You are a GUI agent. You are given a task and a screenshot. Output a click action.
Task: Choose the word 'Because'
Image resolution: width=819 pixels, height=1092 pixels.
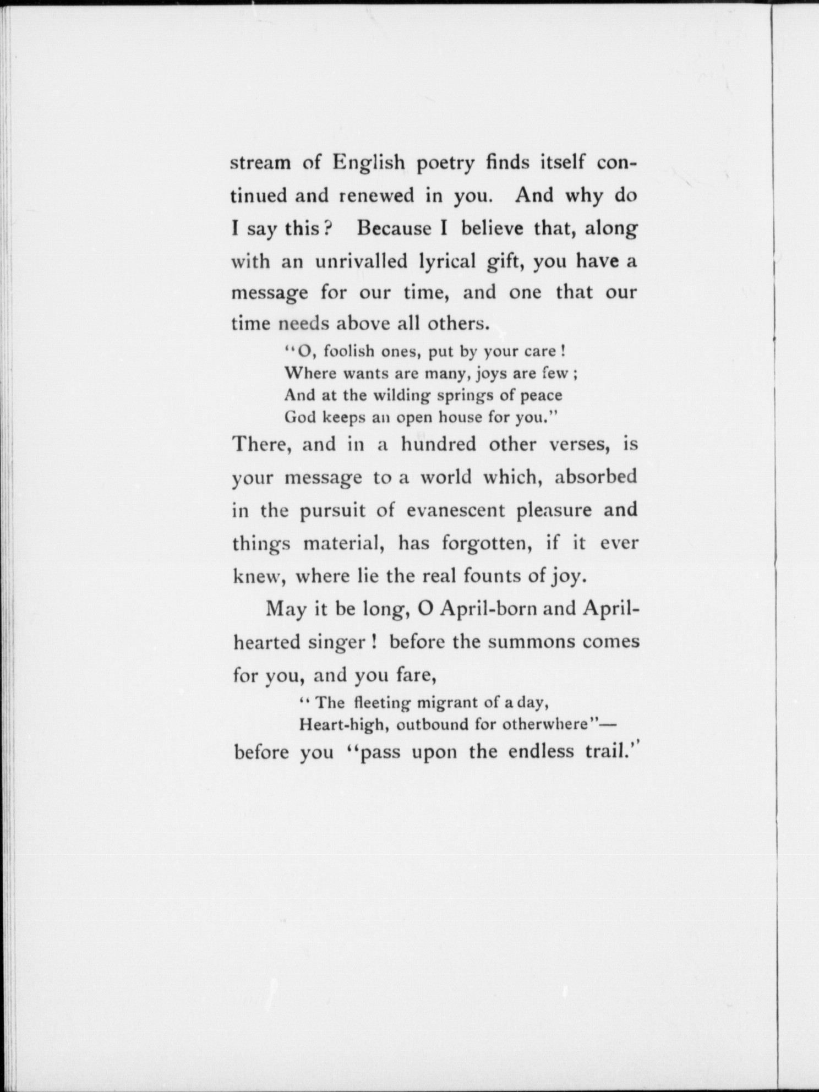pos(394,228)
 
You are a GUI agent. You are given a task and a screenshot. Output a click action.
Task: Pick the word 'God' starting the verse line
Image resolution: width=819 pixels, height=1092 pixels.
pos(298,417)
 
